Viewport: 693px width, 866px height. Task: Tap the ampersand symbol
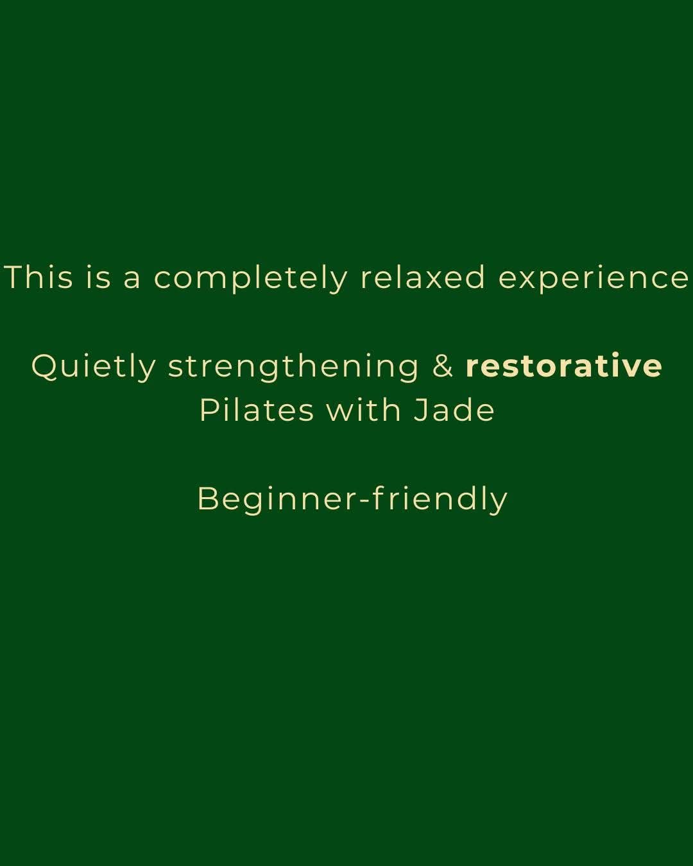pyautogui.click(x=443, y=366)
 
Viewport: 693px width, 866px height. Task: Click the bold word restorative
pyautogui.click(x=563, y=366)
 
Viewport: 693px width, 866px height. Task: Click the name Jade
pyautogui.click(x=454, y=410)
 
